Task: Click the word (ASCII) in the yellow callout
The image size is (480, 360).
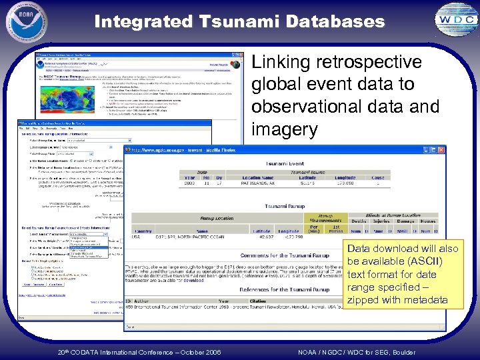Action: pos(424,261)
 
